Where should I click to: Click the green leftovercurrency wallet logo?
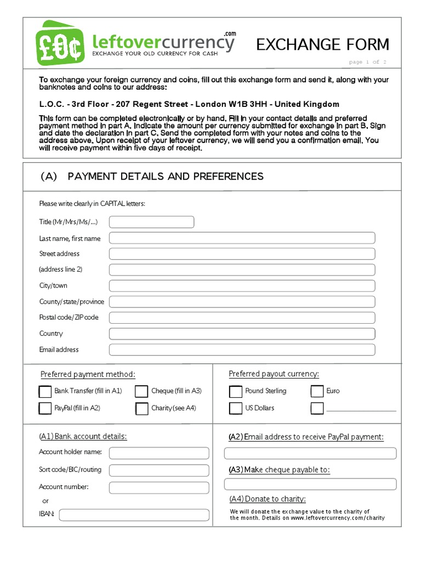pyautogui.click(x=60, y=43)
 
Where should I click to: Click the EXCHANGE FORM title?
pyautogui.click(x=323, y=44)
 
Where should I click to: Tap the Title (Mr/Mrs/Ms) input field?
pyautogui.click(x=151, y=222)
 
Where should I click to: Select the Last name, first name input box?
pyautogui.click(x=242, y=238)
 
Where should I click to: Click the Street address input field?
pyautogui.click(x=242, y=254)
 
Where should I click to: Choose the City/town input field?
pyautogui.click(x=242, y=285)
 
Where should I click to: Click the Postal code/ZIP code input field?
pyautogui.click(x=242, y=318)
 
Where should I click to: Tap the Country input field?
pyautogui.click(x=242, y=334)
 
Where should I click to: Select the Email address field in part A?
pyautogui.click(x=242, y=350)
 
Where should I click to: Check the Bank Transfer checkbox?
pyautogui.click(x=45, y=392)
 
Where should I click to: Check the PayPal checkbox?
pyautogui.click(x=45, y=409)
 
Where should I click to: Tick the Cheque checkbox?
pyautogui.click(x=141, y=392)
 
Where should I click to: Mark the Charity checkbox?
pyautogui.click(x=141, y=409)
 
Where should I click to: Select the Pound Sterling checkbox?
pyautogui.click(x=235, y=392)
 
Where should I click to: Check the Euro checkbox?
pyautogui.click(x=317, y=392)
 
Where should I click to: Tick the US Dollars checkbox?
pyautogui.click(x=235, y=409)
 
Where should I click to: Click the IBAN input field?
pyautogui.click(x=134, y=515)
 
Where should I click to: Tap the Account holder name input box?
pyautogui.click(x=159, y=453)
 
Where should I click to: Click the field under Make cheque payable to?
pyautogui.click(x=310, y=484)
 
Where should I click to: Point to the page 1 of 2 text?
pyautogui.click(x=368, y=62)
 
